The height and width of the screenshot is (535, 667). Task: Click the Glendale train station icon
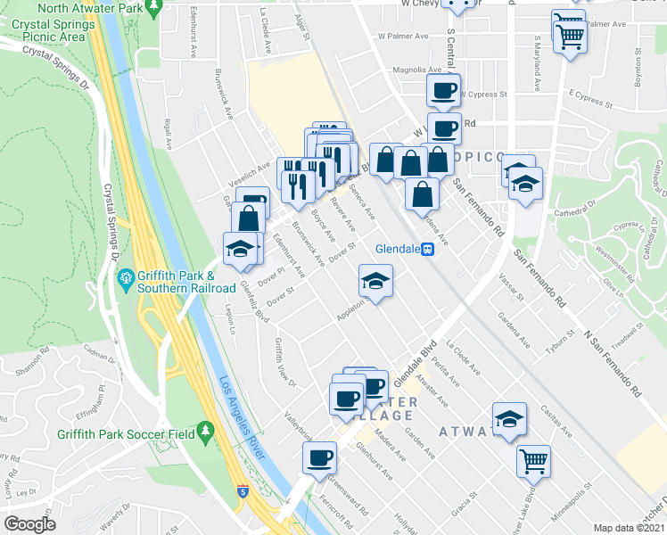[429, 250]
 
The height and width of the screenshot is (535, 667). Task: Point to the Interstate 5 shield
[243, 490]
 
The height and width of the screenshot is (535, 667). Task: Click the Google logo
[29, 524]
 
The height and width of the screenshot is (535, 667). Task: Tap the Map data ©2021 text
[630, 528]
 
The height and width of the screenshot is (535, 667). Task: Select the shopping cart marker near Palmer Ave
[569, 33]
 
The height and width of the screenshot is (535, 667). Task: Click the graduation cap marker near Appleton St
[375, 282]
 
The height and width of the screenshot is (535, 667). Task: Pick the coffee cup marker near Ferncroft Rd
[319, 459]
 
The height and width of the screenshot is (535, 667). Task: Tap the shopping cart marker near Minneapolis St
[533, 462]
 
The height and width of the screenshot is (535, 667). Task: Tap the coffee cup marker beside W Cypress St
[443, 90]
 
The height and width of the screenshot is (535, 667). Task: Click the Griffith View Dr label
[284, 362]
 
